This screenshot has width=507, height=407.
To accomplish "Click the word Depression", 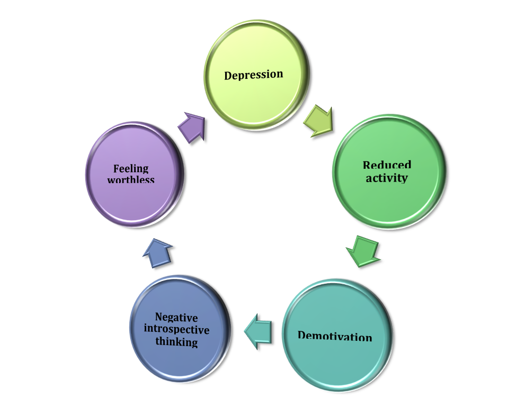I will [x=253, y=75].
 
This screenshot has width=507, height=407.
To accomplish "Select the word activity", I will [x=386, y=177].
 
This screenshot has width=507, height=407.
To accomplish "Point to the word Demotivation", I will [x=335, y=336].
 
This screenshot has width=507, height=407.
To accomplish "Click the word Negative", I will [x=176, y=318].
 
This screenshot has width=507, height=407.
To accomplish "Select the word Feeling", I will [x=131, y=168].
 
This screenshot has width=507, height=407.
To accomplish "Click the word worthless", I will [x=131, y=179].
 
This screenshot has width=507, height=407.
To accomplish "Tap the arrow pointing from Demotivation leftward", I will [x=260, y=331].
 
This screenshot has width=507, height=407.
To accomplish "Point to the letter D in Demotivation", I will [x=302, y=336].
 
